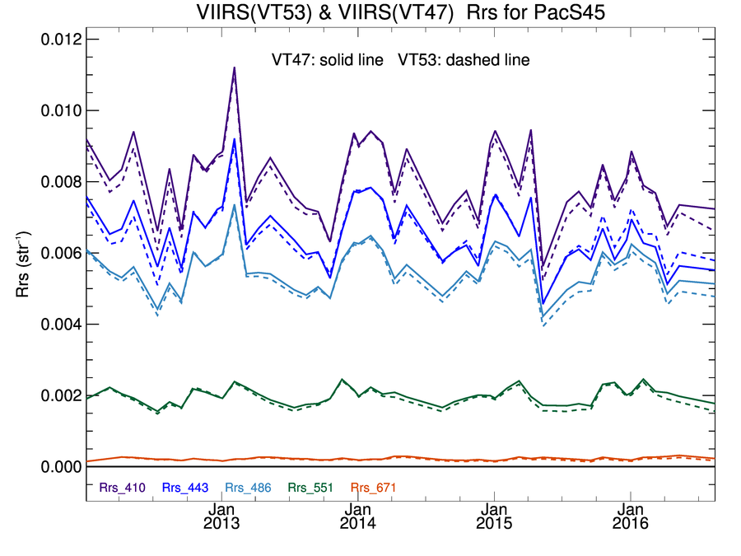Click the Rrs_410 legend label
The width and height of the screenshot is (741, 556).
[x=123, y=488]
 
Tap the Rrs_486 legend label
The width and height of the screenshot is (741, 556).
[x=248, y=488]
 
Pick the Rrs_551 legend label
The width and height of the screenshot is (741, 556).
[x=310, y=488]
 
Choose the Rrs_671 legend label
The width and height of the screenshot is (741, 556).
[x=373, y=488]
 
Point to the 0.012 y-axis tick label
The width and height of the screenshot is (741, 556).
[x=60, y=40]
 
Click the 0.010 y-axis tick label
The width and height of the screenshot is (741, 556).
[x=60, y=110]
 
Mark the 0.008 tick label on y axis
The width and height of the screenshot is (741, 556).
[x=60, y=182]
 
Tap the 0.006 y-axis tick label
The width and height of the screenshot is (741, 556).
[x=60, y=253]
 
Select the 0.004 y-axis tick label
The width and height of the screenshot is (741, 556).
[x=60, y=325]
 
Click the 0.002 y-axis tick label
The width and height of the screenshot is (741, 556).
[x=60, y=395]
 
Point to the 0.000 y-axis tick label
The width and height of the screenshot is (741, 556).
[x=60, y=467]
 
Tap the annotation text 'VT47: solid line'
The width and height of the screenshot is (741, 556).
[x=328, y=60]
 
